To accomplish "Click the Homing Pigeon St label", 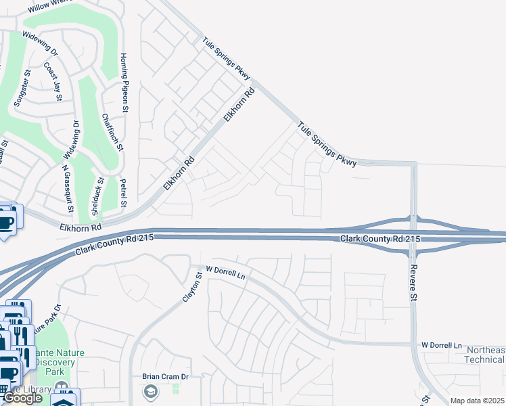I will [124, 78].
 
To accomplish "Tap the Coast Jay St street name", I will [53, 82].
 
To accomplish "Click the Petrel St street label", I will [123, 193].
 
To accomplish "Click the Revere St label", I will [414, 284].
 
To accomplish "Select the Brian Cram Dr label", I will [164, 377].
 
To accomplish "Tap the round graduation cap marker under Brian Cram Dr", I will [149, 391].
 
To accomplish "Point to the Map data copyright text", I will [478, 401].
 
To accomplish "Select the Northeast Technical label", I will [485, 355].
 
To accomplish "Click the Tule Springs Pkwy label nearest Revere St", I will [326, 140].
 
